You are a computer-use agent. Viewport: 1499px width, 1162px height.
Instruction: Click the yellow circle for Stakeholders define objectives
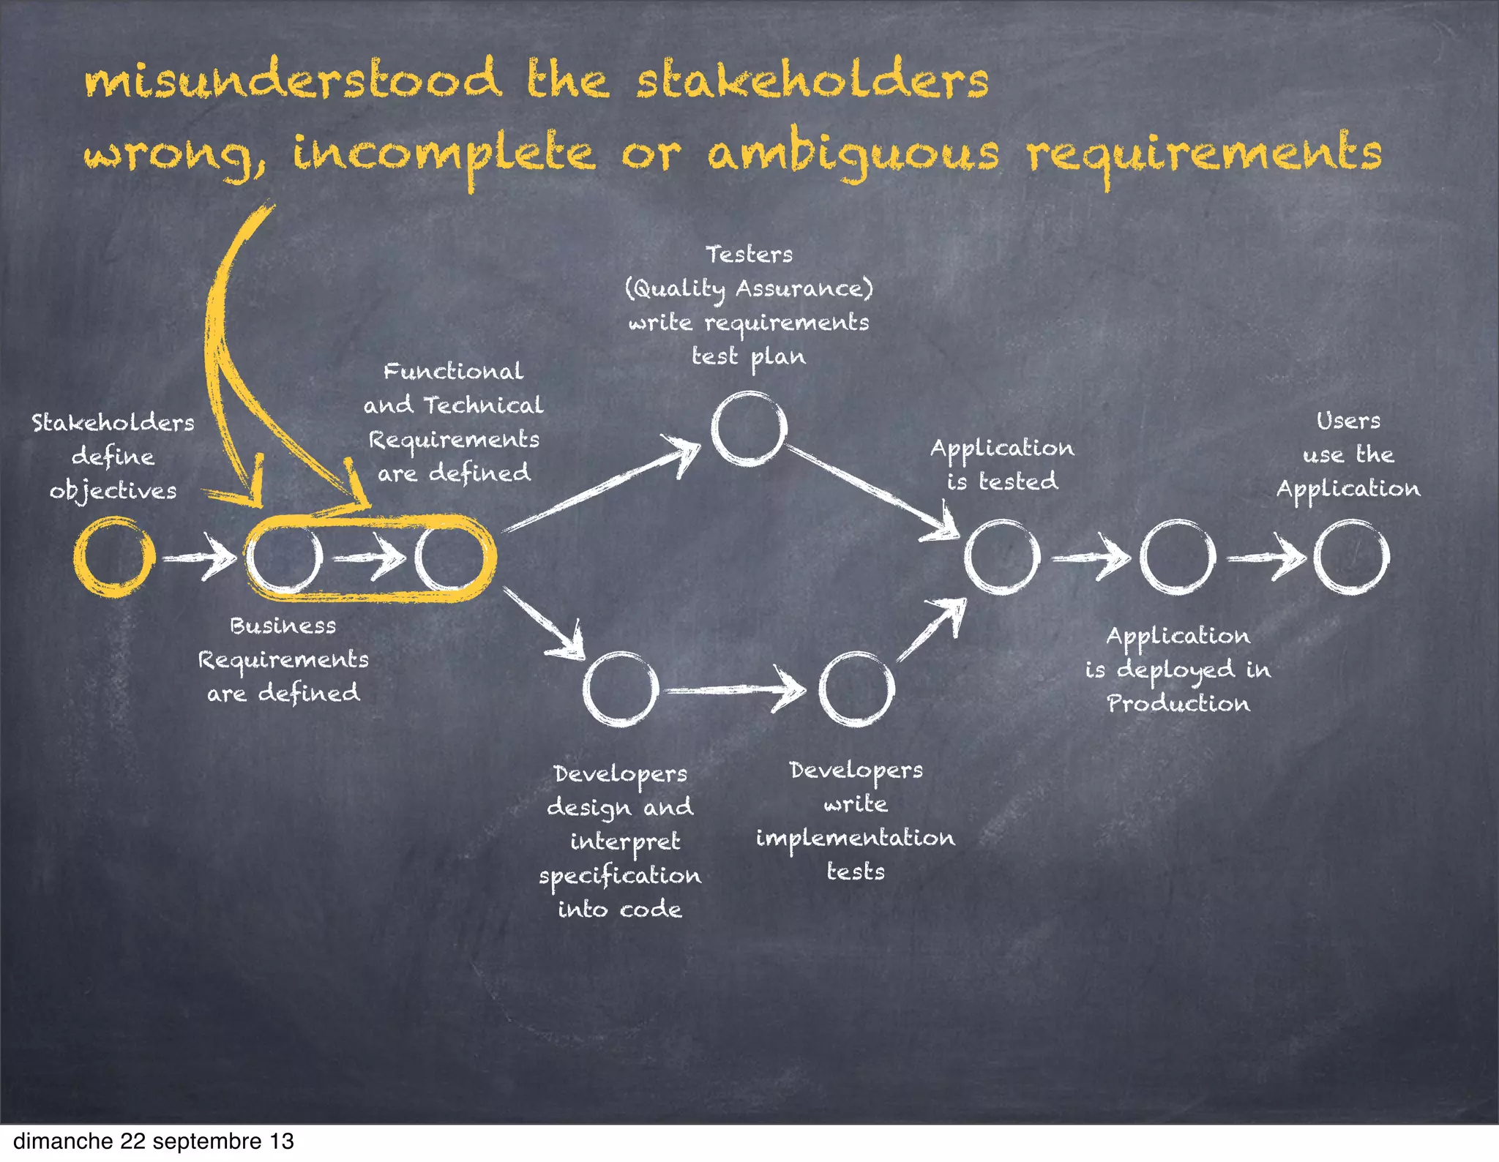[114, 557]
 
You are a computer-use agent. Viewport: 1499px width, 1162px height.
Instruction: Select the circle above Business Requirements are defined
[284, 557]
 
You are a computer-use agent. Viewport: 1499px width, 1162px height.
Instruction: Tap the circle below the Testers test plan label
[749, 429]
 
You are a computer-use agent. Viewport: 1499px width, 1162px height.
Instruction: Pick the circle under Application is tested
[1002, 557]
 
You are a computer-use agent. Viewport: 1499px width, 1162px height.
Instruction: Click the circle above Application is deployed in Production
[1177, 557]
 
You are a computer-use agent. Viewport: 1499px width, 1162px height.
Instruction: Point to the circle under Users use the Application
[1351, 557]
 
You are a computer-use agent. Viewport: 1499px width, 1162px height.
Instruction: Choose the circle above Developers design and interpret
[621, 689]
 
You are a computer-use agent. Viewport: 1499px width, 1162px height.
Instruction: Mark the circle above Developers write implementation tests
[856, 689]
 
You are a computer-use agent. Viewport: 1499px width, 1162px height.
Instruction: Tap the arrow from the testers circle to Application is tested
[871, 490]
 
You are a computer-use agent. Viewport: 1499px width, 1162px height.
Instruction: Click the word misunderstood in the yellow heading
[293, 80]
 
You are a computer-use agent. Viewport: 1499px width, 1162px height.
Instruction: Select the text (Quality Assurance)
[749, 288]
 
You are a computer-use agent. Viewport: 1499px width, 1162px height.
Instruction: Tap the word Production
[1178, 703]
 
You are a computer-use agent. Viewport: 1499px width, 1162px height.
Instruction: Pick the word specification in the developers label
[620, 876]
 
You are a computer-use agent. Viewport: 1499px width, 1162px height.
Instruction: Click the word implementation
[855, 838]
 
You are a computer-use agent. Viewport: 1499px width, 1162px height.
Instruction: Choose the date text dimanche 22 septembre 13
[154, 1142]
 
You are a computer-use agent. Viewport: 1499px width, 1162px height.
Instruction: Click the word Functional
[453, 371]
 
